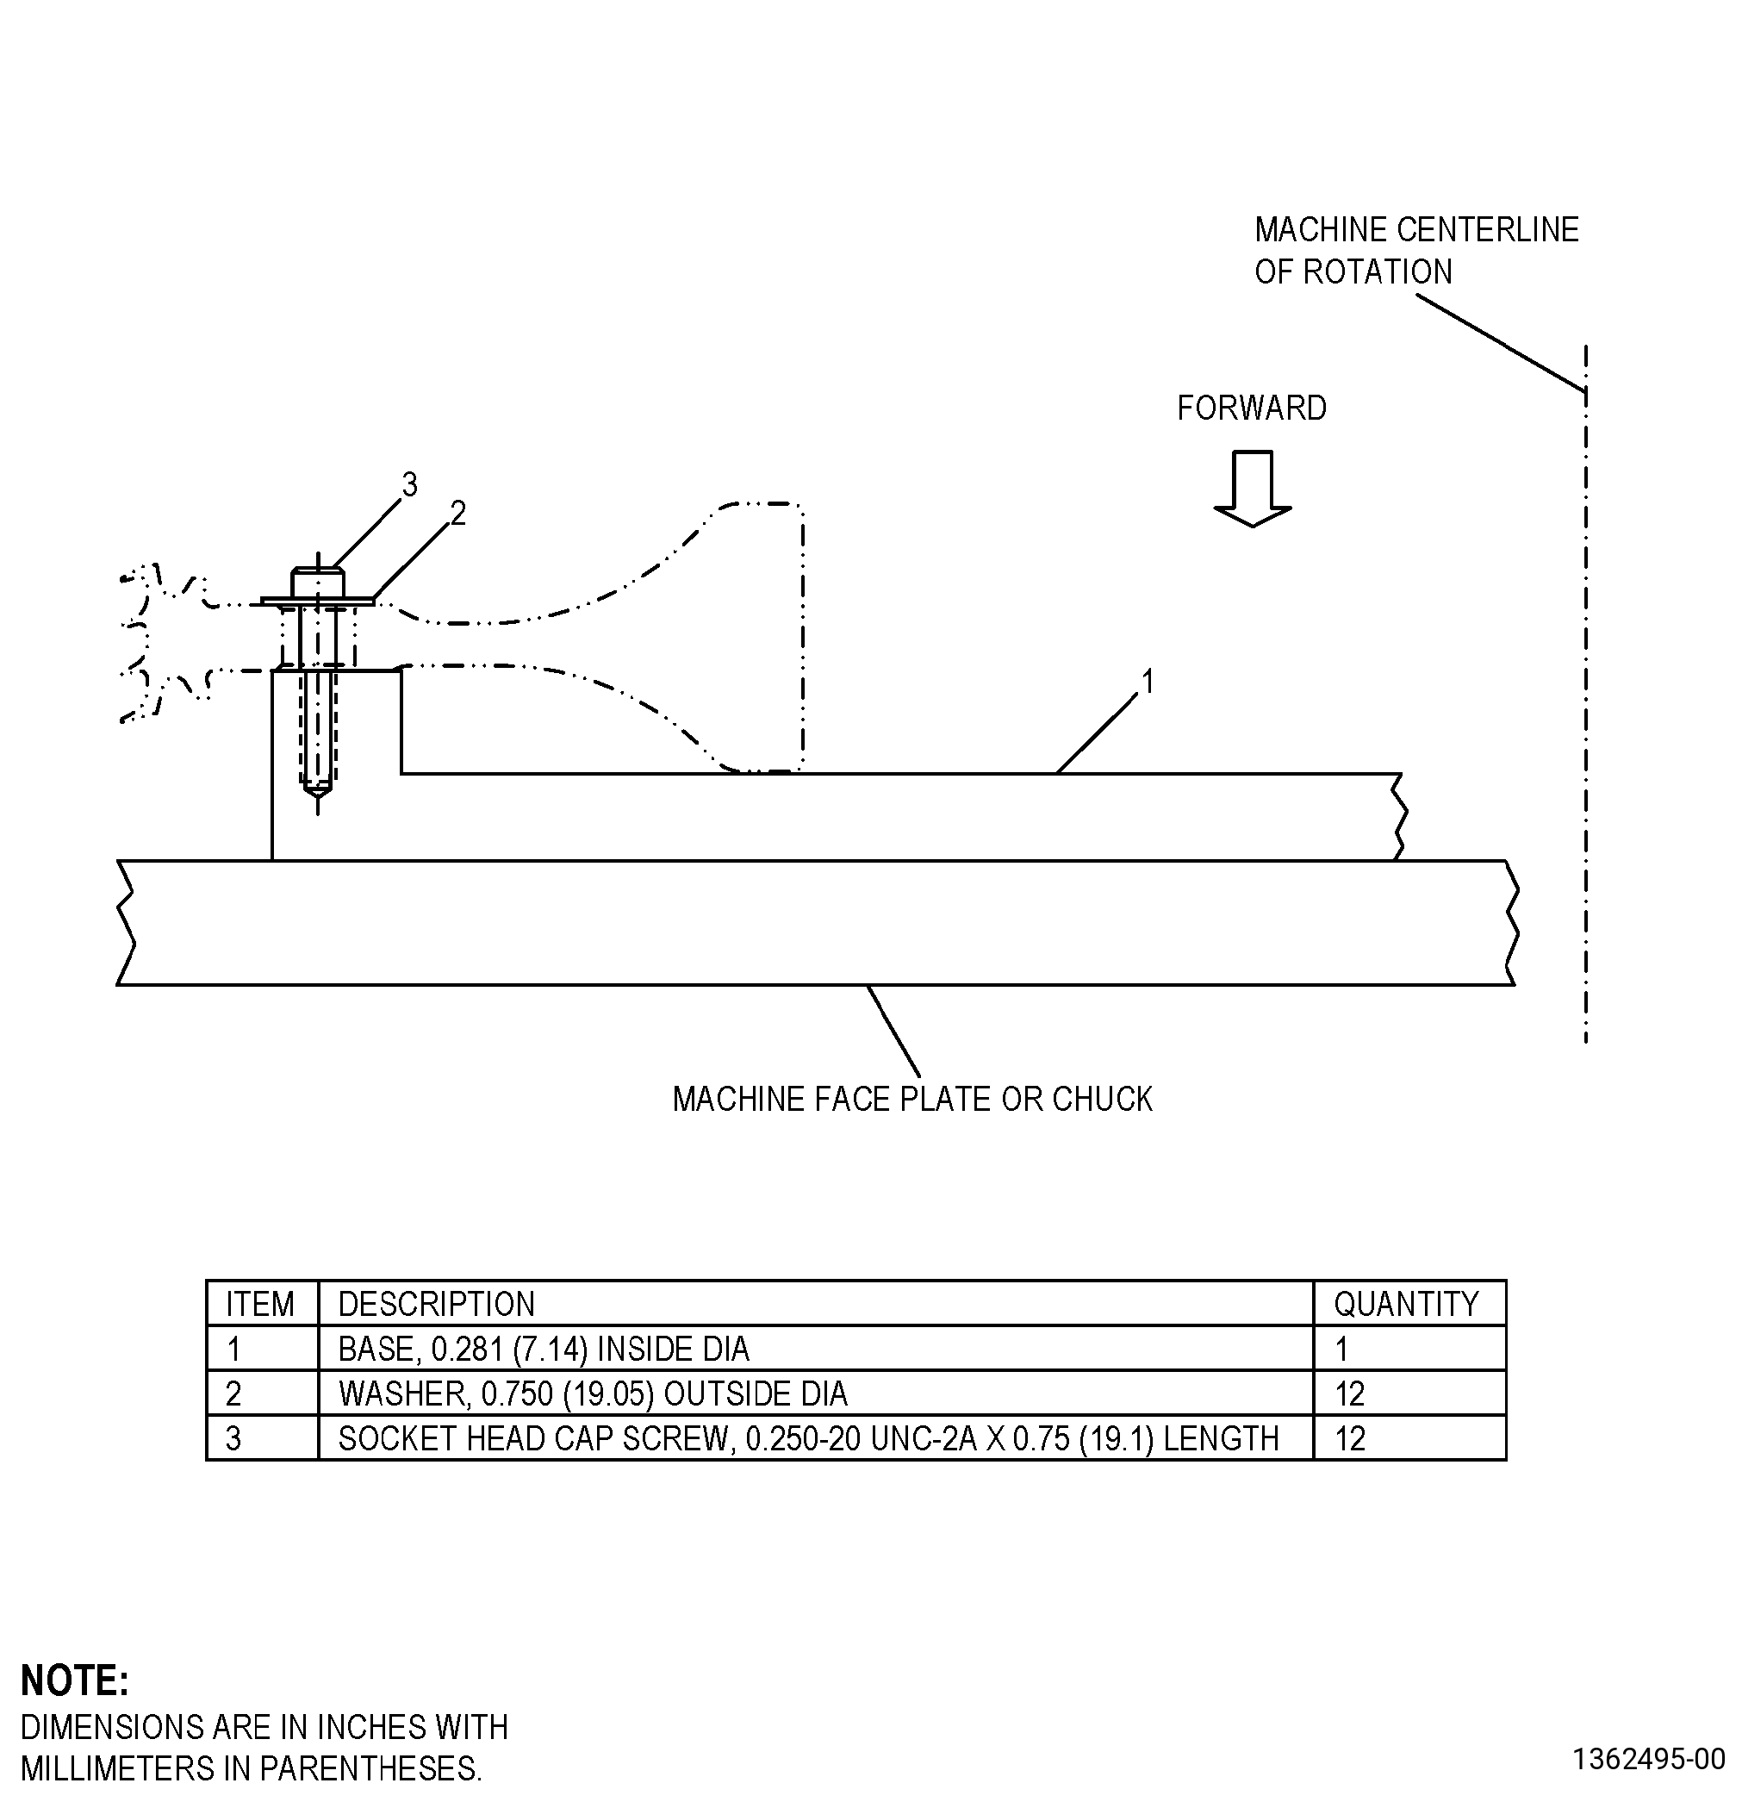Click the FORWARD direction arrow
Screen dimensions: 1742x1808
1252,489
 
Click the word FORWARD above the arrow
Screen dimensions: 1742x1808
1252,408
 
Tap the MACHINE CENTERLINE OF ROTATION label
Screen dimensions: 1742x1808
1416,250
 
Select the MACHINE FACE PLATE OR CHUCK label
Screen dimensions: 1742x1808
912,1100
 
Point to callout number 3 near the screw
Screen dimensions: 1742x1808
409,484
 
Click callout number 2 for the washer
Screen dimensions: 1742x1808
457,513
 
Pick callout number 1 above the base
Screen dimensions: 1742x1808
1148,682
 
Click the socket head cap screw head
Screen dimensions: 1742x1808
317,583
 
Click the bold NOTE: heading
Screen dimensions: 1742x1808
75,1680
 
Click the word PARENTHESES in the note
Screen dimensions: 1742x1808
370,1768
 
